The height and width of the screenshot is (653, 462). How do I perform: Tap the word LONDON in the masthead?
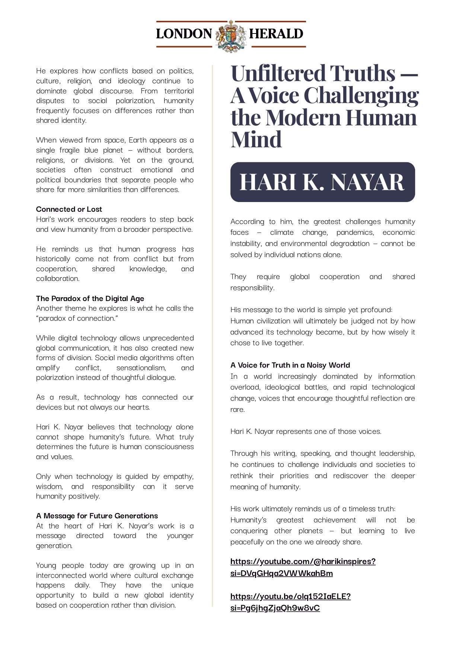(184, 34)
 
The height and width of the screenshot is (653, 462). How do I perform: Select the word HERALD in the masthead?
(276, 34)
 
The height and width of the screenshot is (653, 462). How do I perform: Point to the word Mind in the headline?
(256, 140)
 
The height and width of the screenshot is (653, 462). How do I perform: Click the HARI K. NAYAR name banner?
(322, 182)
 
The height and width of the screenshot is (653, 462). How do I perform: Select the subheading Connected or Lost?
(69, 209)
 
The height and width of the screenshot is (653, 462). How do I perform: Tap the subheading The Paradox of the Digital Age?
(90, 298)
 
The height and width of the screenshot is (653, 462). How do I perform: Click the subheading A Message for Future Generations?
(97, 516)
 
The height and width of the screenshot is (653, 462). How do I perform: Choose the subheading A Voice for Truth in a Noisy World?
(290, 365)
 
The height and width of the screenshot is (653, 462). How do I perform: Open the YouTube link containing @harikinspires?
(303, 567)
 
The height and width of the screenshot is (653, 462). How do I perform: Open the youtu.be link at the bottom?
(290, 602)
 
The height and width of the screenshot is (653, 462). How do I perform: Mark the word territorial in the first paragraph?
(179, 91)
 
